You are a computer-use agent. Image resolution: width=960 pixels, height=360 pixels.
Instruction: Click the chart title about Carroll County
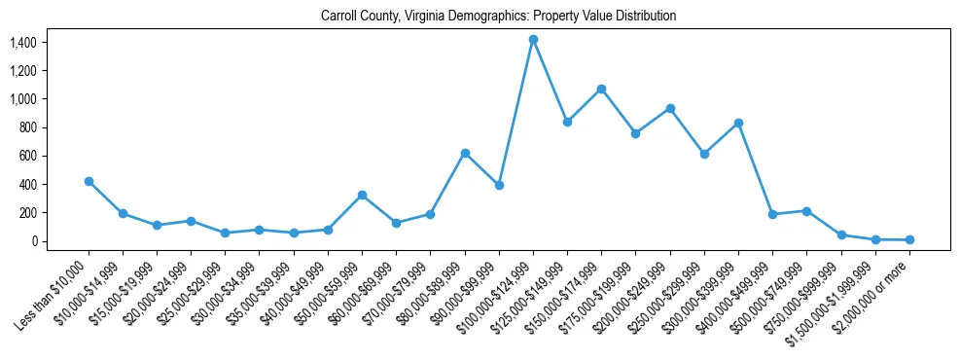(x=498, y=16)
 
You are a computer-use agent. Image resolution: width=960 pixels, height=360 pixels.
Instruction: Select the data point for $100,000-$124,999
(x=533, y=39)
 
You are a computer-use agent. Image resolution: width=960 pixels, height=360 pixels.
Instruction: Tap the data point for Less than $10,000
(x=89, y=181)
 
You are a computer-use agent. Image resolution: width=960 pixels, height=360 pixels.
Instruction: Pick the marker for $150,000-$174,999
(x=601, y=89)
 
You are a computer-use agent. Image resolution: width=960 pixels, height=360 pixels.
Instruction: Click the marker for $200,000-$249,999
(x=670, y=108)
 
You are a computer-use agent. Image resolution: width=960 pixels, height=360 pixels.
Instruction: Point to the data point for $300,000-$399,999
(x=738, y=123)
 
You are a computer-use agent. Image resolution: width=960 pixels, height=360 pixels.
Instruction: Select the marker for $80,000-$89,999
(x=465, y=153)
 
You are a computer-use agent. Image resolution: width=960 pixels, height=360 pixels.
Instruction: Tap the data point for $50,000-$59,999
(x=362, y=195)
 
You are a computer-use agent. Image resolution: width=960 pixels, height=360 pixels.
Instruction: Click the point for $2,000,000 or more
(x=909, y=239)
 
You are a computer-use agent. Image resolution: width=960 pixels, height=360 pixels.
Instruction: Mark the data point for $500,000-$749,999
(x=806, y=210)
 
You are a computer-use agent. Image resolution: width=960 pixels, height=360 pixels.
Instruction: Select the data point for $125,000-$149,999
(x=567, y=122)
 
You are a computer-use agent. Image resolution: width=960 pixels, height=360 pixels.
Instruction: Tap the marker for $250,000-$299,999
(x=704, y=154)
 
